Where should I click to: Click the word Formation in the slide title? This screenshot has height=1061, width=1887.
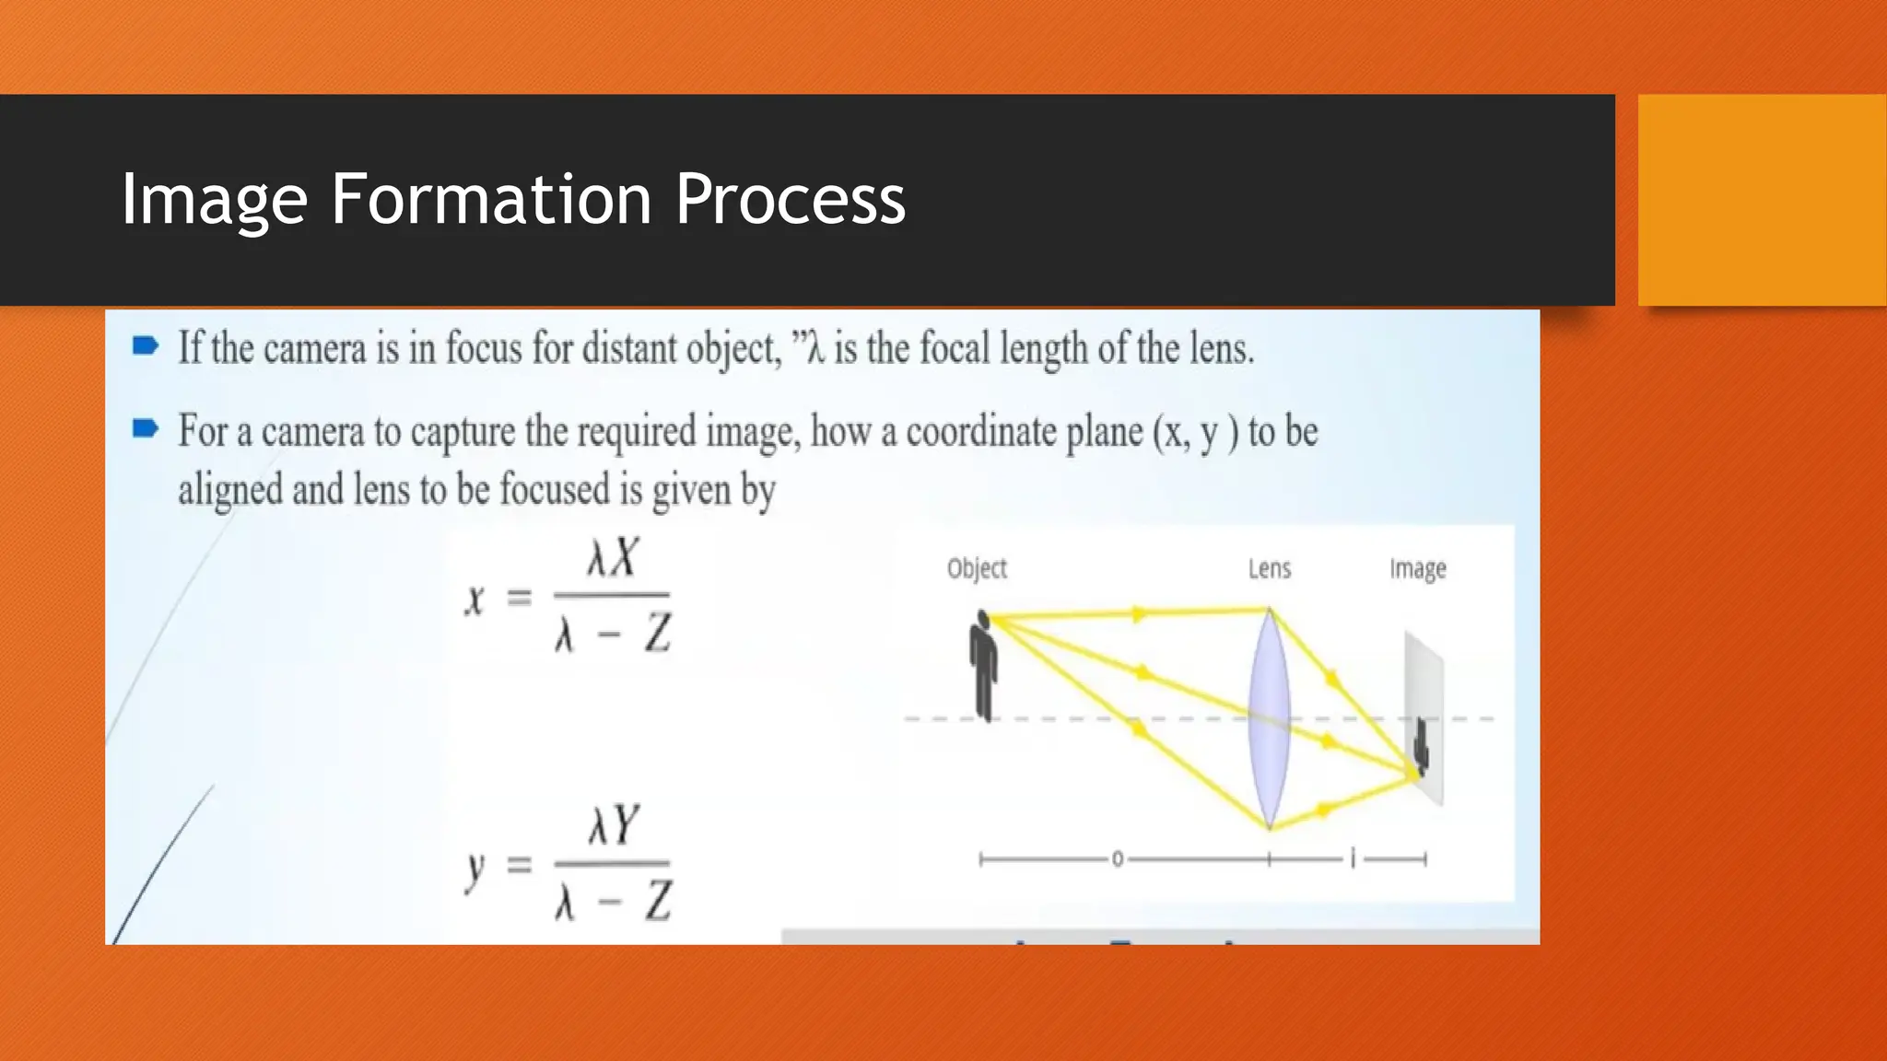(x=492, y=199)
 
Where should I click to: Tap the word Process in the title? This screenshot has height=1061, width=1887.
(x=791, y=201)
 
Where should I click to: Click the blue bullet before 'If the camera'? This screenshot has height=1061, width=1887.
(x=145, y=346)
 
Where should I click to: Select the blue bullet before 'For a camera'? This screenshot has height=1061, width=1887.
(x=145, y=428)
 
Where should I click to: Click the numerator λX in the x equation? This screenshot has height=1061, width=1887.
(x=613, y=558)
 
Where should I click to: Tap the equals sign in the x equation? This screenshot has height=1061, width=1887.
(x=520, y=600)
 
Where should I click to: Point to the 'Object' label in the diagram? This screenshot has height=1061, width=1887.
(x=977, y=568)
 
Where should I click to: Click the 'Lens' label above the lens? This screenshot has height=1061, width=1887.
(x=1269, y=568)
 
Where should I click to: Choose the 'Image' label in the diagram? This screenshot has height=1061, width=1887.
(x=1417, y=569)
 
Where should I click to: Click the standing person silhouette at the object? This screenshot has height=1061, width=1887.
(x=984, y=665)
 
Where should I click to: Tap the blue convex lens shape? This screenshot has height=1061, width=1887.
(x=1269, y=718)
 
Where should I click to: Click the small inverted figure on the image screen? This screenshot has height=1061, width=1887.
(x=1422, y=745)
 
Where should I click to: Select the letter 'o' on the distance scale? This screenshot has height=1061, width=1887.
(x=1117, y=859)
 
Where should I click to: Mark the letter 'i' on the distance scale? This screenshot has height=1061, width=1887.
(x=1353, y=859)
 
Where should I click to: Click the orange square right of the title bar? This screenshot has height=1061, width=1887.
(x=1762, y=200)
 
